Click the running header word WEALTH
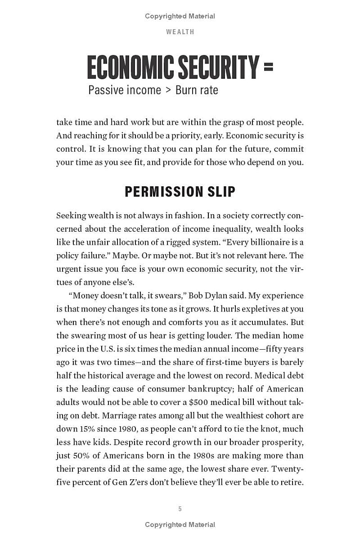(x=180, y=32)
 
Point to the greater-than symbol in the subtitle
(x=168, y=90)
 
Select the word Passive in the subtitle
(x=106, y=90)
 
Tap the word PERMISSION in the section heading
(x=157, y=192)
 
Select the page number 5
(x=180, y=509)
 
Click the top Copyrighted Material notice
(x=180, y=16)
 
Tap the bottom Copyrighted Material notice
(x=180, y=525)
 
